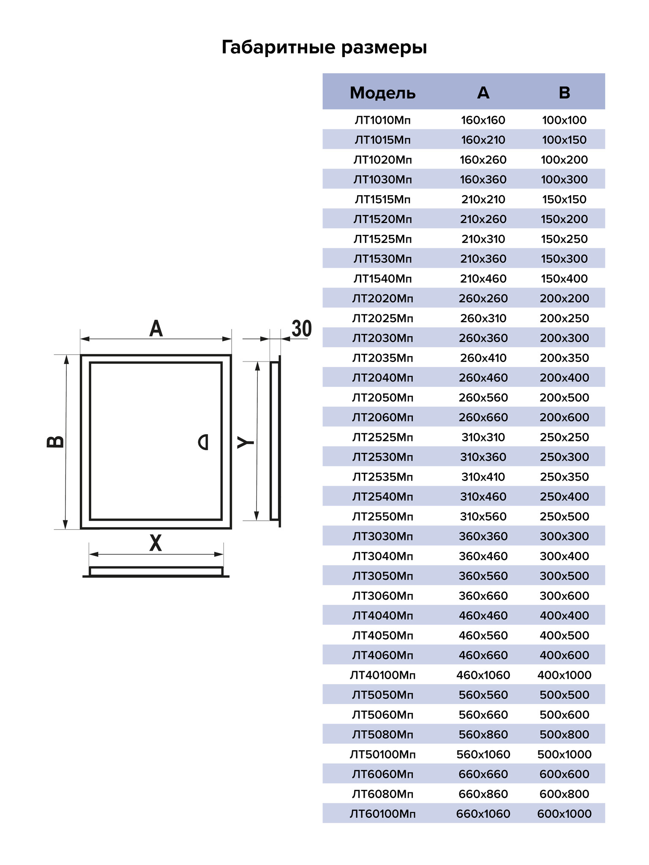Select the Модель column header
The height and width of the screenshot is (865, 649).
coord(382,92)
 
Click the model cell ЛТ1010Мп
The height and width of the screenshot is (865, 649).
coord(382,120)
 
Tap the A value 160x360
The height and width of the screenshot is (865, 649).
coord(483,180)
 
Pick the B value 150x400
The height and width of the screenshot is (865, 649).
coord(564,279)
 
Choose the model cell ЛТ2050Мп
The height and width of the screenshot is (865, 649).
coord(382,397)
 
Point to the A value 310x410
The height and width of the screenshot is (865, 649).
coord(483,477)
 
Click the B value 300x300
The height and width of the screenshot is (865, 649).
coord(564,536)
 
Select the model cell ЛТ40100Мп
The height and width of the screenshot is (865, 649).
coord(382,675)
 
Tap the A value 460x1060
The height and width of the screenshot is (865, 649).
coord(483,675)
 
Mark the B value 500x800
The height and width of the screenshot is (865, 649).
coord(564,734)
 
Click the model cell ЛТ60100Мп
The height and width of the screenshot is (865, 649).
coord(382,814)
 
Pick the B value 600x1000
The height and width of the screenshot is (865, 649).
coord(564,814)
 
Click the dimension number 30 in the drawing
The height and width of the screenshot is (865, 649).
coord(302,329)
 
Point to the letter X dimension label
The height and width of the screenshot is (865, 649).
coord(155,543)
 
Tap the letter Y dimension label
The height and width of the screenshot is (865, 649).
coord(245,442)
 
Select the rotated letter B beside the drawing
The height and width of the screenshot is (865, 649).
coord(55,441)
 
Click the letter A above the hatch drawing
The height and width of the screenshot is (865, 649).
coord(156,329)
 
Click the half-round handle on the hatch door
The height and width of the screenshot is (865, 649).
coord(204,442)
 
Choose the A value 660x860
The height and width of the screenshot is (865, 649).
coord(483,794)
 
